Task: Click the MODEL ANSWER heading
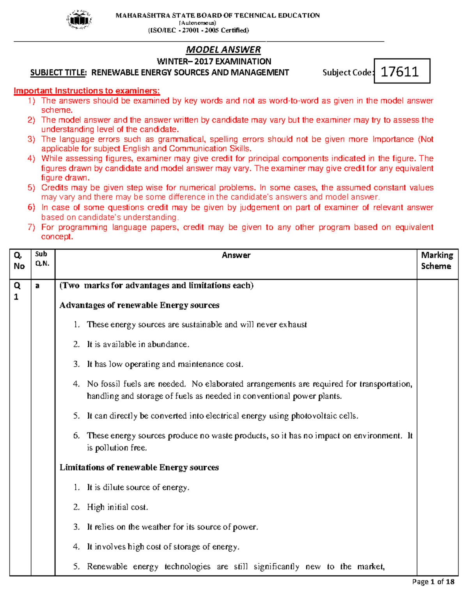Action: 223,50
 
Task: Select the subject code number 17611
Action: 400,72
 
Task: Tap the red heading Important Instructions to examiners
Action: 87,91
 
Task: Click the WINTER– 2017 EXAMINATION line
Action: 214,62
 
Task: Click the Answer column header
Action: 236,256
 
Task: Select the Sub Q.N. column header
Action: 42,259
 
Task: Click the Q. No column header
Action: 19,261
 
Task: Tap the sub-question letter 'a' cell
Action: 37,286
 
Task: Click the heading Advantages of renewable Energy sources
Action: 139,305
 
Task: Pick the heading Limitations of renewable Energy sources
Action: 139,467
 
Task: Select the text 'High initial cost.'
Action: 117,507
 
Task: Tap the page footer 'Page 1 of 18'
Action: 433,582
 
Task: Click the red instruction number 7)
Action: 31,227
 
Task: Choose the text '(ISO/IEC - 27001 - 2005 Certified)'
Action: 198,30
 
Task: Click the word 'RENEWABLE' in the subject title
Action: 113,72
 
